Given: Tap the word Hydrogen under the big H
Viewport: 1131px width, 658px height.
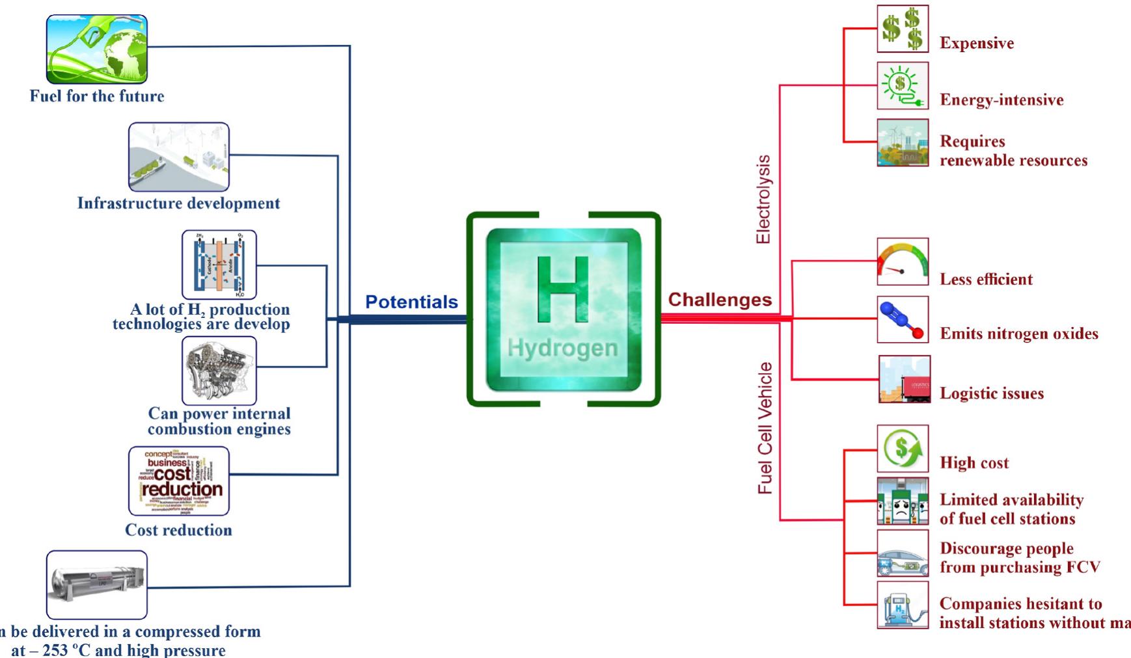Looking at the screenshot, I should (x=563, y=349).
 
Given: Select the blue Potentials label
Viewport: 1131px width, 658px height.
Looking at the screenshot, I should (x=411, y=302).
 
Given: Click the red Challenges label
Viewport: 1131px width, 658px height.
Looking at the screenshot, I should (x=720, y=300).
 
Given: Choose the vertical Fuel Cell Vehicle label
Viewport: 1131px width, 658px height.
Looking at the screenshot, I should (x=765, y=427).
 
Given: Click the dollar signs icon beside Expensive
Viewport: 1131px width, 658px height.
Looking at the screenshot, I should (x=903, y=29).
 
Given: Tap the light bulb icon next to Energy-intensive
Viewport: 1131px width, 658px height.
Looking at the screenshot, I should (x=903, y=86).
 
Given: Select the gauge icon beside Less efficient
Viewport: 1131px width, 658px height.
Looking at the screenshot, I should (x=903, y=261).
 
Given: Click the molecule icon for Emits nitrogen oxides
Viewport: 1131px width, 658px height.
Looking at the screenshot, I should (x=903, y=319).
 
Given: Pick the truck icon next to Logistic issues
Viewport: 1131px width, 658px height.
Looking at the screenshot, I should (x=904, y=379).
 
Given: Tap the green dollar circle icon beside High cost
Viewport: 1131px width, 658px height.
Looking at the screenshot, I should (x=903, y=449).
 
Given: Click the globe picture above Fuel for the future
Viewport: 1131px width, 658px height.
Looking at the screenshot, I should (x=97, y=49).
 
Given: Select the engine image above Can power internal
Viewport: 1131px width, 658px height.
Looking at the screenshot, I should (x=219, y=371).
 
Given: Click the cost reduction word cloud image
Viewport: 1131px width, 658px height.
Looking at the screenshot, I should (x=179, y=480).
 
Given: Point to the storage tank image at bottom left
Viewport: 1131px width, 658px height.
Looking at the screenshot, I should (x=97, y=584).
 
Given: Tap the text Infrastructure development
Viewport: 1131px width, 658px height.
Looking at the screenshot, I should (x=178, y=204).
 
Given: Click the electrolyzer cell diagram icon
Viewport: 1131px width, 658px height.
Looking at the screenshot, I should (x=219, y=265).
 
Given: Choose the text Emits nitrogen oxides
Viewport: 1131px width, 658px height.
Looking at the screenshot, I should (x=1018, y=334).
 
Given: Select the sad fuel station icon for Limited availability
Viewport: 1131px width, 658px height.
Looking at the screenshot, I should (x=903, y=501).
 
